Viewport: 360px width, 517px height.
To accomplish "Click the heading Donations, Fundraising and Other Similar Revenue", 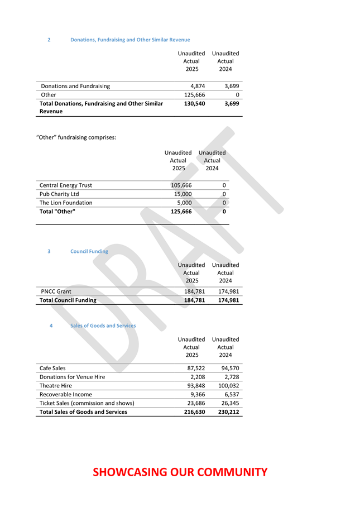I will (x=130, y=40).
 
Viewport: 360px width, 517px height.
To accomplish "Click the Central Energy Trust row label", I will (x=66, y=185).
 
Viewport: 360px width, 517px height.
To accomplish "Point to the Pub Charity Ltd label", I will (x=59, y=194).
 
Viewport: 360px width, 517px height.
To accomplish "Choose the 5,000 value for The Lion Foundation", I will (x=184, y=203).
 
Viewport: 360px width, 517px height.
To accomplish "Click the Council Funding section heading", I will (x=89, y=251).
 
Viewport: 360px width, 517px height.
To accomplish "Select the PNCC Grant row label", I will (x=56, y=291).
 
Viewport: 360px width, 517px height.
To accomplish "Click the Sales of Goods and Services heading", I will (x=103, y=325).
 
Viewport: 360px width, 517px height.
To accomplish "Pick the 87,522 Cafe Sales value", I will (x=194, y=368).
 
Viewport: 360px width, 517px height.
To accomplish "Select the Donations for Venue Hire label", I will (x=72, y=377).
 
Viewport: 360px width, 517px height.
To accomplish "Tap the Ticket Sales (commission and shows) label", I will (x=87, y=403).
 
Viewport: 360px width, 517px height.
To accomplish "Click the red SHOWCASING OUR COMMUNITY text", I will (x=180, y=472).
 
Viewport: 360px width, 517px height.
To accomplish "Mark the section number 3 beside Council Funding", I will (x=49, y=251).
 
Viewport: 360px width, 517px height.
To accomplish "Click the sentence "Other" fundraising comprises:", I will (x=76, y=137).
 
